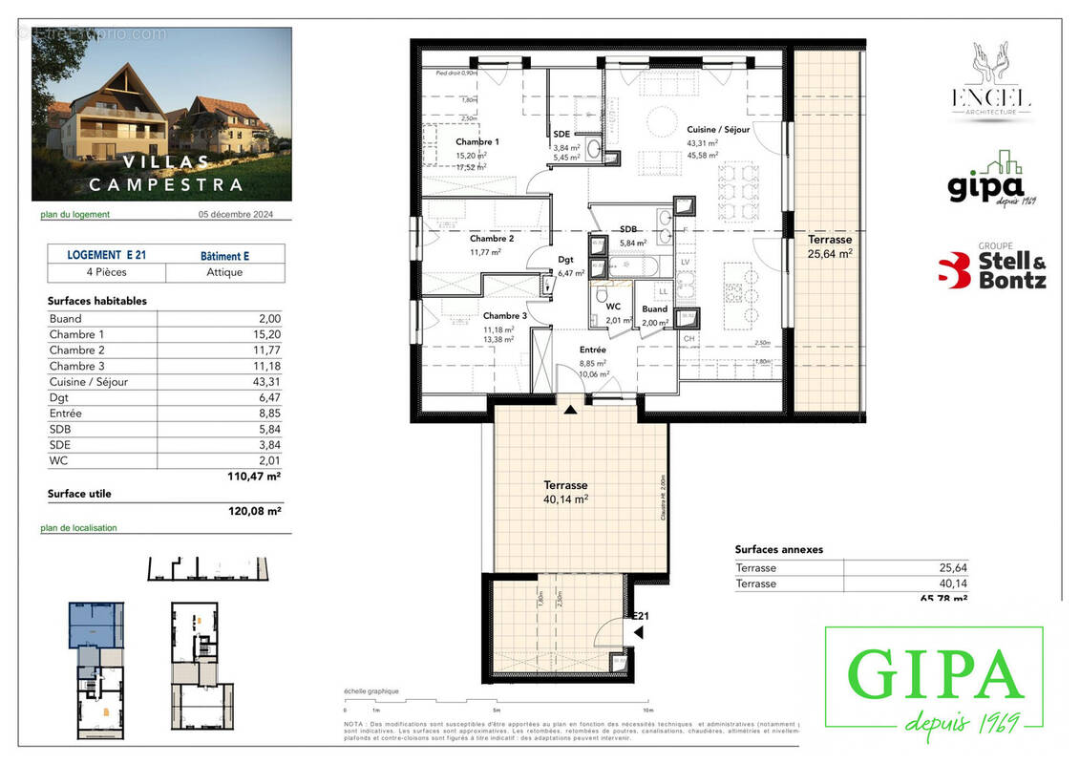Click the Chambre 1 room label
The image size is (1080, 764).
pos(477,141)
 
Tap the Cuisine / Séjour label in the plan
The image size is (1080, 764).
pos(718,129)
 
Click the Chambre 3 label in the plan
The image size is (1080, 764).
pos(504,316)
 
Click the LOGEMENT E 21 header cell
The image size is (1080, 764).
pos(106,255)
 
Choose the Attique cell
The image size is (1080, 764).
pos(224,272)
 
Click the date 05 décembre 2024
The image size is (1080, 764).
pos(235,215)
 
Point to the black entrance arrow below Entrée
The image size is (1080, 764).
pos(570,411)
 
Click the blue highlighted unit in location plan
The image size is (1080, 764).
pos(96,626)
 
